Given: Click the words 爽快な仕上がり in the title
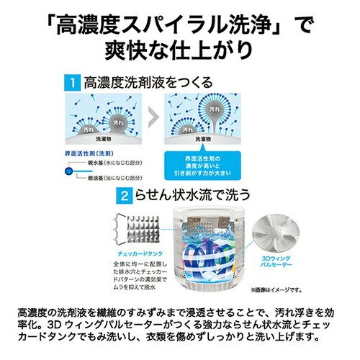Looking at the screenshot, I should point(180,52).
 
